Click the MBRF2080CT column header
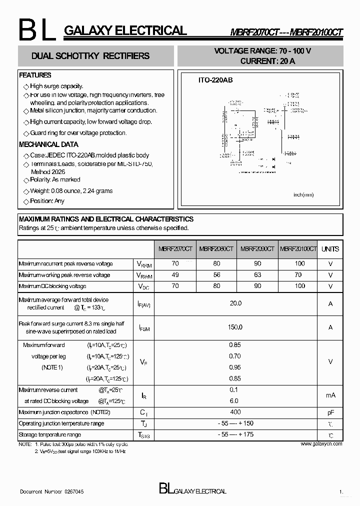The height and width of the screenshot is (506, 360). point(216,249)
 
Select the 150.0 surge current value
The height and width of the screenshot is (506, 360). point(235,327)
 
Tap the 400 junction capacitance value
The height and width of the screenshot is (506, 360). point(235,412)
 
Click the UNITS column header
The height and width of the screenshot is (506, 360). point(330,249)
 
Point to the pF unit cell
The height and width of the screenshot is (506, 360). point(330,412)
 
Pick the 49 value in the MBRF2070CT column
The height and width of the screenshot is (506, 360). point(175,275)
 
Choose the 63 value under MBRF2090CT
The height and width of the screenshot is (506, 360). point(257,275)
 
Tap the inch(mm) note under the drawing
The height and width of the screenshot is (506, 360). point(303,194)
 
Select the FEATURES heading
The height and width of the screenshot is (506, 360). point(35,75)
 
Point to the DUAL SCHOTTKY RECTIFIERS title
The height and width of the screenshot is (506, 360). point(90,56)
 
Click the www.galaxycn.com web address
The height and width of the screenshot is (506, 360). point(321,443)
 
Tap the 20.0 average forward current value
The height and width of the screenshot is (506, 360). point(235,303)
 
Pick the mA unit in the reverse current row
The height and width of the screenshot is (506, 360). point(330,395)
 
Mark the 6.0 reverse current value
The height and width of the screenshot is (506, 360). point(234,401)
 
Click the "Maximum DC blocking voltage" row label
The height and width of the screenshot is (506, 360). point(52,286)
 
